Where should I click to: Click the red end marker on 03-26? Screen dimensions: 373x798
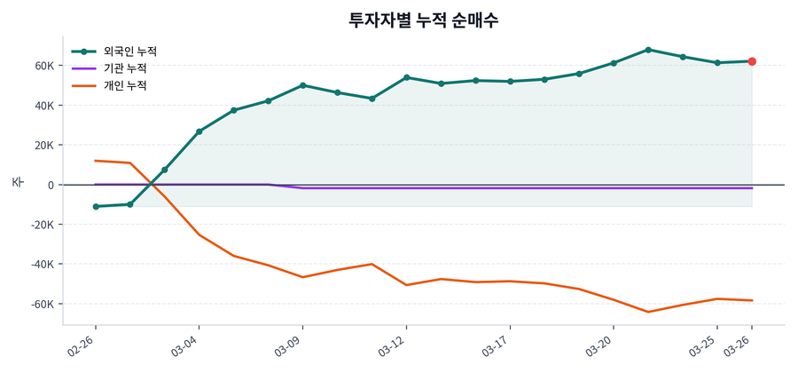point(752,61)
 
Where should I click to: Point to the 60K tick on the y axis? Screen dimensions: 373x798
point(45,66)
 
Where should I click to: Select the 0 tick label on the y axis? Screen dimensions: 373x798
point(51,185)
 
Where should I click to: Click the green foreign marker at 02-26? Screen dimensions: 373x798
point(96,207)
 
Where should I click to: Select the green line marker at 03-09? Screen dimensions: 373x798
point(303,85)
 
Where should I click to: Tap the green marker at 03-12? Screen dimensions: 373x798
point(406,77)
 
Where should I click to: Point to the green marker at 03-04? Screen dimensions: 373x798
point(199,131)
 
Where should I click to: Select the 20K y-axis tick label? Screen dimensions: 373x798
point(45,145)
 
